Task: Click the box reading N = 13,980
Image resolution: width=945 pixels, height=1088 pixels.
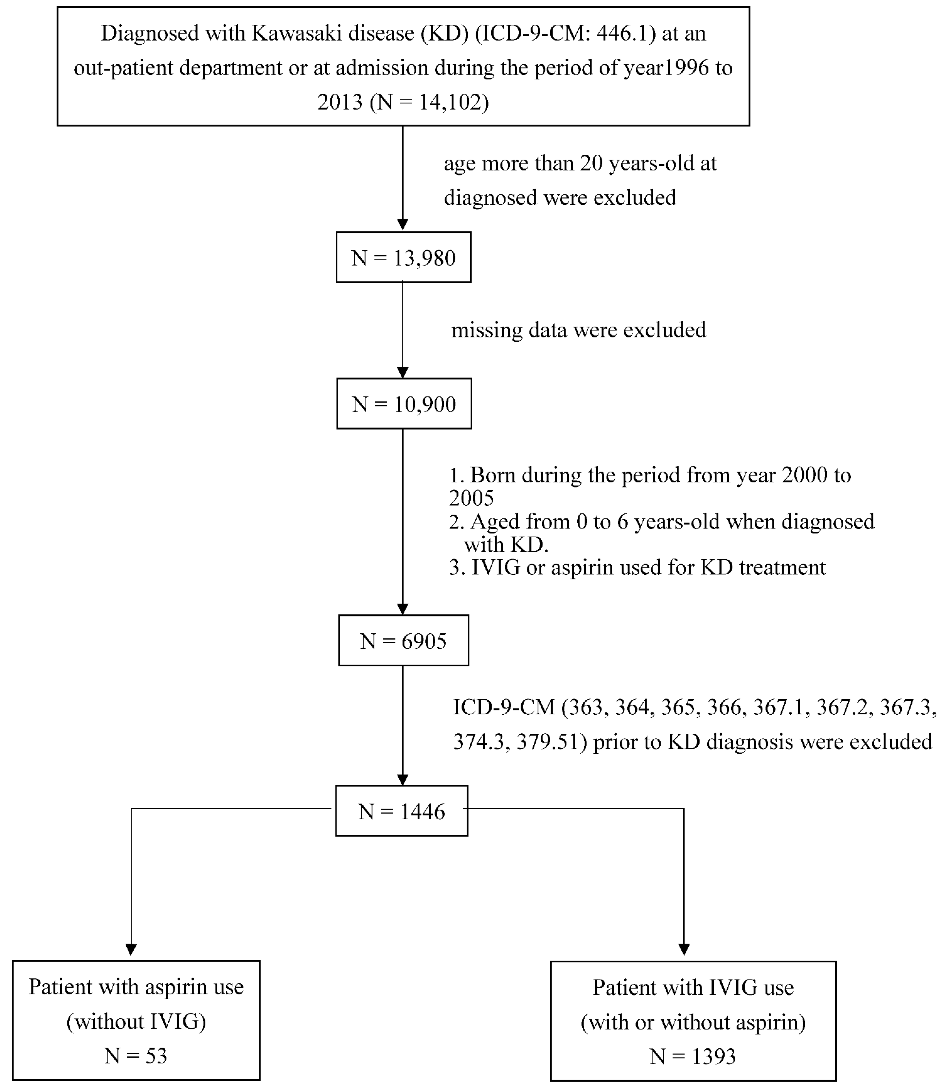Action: pos(403,257)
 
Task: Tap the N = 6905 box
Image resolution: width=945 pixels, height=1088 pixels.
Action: pos(403,641)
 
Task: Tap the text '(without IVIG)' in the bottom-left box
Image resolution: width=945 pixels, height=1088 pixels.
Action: pos(136,1022)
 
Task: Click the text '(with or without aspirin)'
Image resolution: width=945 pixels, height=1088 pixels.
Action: pos(693,1022)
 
